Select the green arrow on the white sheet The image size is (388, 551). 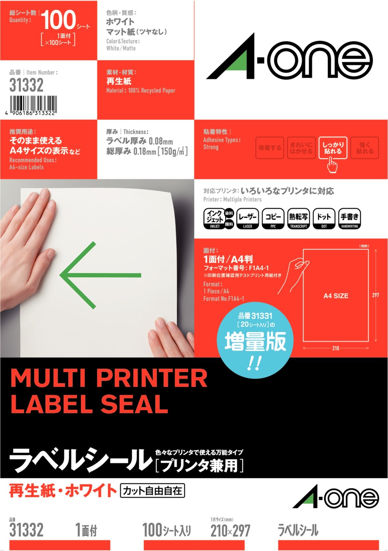click(x=100, y=275)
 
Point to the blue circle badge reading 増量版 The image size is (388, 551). click(x=255, y=340)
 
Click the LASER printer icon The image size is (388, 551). click(x=248, y=219)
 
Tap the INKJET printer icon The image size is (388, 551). click(x=219, y=219)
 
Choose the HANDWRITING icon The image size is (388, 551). click(x=350, y=219)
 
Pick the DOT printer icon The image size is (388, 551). click(x=324, y=219)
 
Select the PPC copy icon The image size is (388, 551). click(x=273, y=219)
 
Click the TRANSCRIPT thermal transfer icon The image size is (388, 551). click(x=298, y=219)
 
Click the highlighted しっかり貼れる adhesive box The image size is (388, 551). click(x=333, y=148)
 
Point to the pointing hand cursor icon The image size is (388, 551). click(x=332, y=165)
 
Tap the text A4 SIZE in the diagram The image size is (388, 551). click(x=336, y=296)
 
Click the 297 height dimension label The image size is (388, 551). click(x=375, y=295)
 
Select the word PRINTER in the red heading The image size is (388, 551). click(x=152, y=379)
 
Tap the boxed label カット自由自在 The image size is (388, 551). click(x=152, y=491)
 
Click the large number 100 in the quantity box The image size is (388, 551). click(x=58, y=20)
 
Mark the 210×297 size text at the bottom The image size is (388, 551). click(x=231, y=531)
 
